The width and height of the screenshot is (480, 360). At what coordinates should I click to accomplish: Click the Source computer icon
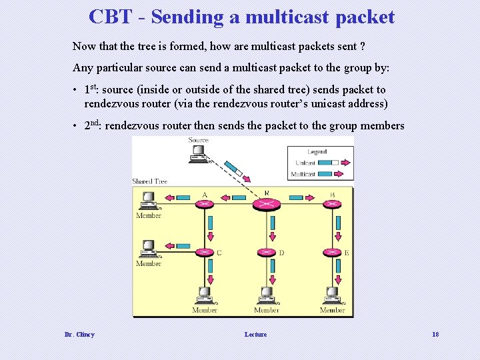pos(198,154)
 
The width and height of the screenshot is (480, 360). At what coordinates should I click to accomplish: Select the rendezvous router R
pos(266,203)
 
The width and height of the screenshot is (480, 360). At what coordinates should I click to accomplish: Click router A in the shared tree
pos(204,203)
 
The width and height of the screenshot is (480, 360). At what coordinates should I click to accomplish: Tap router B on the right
pos(332,203)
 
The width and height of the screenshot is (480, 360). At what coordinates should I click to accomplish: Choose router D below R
pos(266,253)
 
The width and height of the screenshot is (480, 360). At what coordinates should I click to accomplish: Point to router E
pos(332,253)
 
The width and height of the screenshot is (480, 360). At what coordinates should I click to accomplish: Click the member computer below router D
pos(266,295)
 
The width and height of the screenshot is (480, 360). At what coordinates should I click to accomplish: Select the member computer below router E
pos(332,295)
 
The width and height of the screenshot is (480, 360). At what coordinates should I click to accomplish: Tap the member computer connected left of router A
pos(147,200)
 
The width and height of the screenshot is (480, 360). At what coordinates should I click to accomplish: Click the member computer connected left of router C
pos(147,249)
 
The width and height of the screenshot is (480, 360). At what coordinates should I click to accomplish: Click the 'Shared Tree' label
pos(149,181)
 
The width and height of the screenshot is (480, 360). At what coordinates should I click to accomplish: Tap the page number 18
pos(435,334)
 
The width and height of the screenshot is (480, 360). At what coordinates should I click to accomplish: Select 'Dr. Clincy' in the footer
pos(79,334)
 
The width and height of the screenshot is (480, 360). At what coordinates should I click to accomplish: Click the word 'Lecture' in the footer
pos(255,334)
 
